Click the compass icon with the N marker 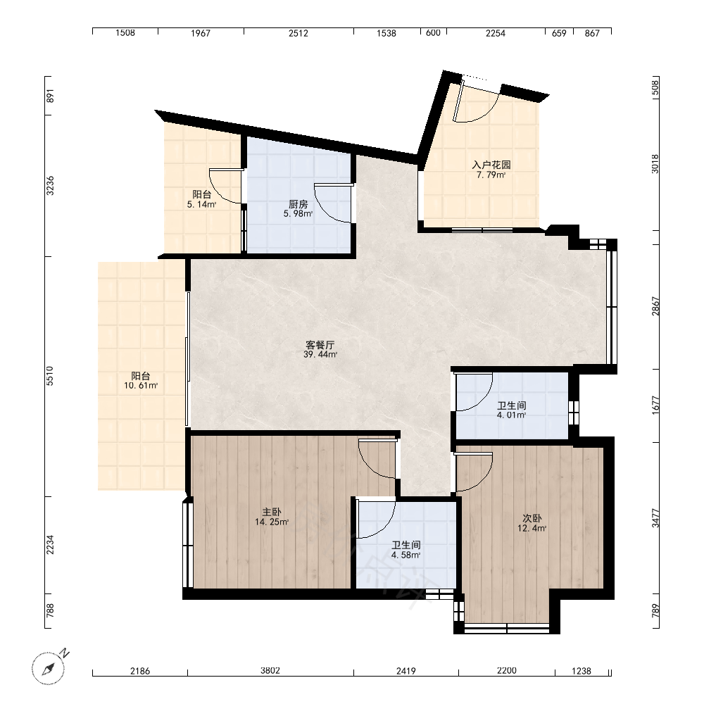(x=49, y=667)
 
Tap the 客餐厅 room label (x=320, y=345)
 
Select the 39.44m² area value (x=320, y=355)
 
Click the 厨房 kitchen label (x=298, y=205)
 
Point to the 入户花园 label (x=491, y=165)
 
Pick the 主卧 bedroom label (x=272, y=512)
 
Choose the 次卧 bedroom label (x=532, y=518)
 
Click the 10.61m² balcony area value (x=141, y=386)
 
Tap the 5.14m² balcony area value (x=201, y=205)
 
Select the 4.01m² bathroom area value (x=511, y=415)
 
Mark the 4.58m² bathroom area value (x=406, y=555)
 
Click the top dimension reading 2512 (x=298, y=33)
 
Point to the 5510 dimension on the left (x=50, y=376)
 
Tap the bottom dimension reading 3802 (x=270, y=671)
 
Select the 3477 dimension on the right (x=656, y=518)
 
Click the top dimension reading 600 (x=433, y=33)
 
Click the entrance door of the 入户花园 (x=476, y=101)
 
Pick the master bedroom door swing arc (x=376, y=460)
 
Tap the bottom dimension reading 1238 (x=582, y=671)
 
